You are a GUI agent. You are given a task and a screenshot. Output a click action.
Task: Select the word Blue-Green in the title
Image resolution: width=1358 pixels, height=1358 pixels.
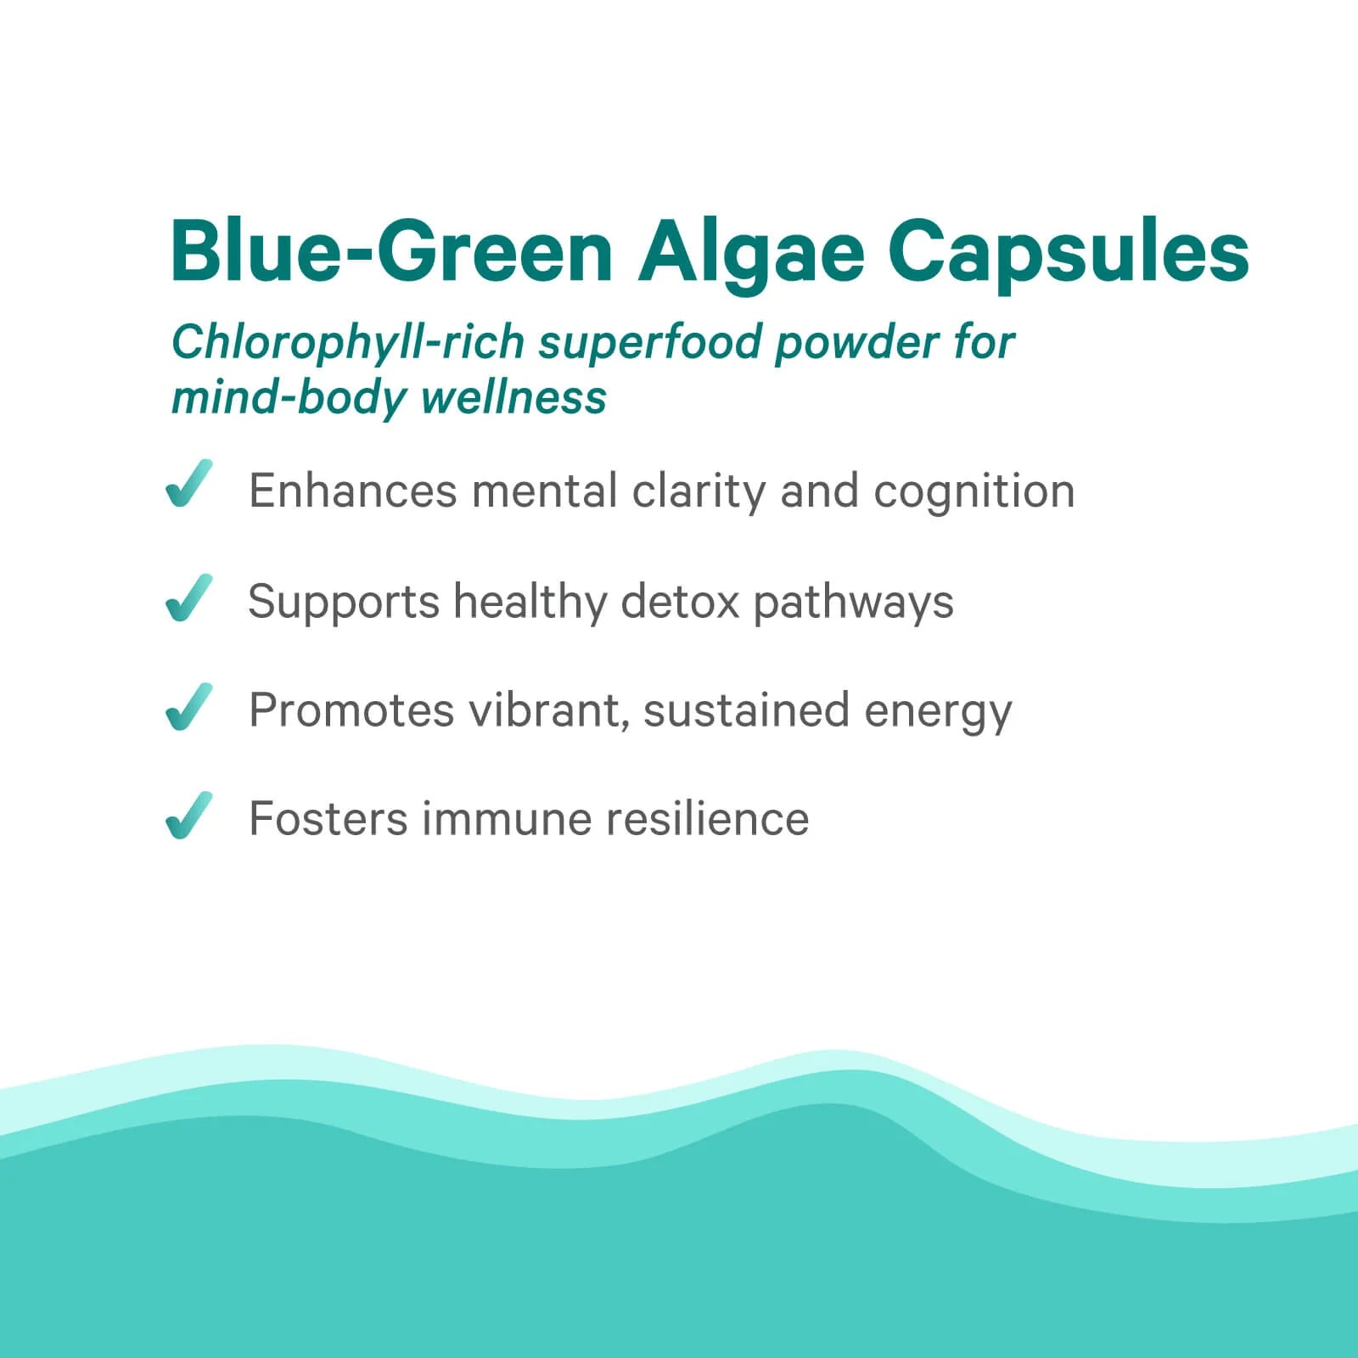pos(390,252)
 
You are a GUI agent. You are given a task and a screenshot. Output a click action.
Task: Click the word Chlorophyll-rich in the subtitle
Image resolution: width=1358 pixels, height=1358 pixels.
pos(348,343)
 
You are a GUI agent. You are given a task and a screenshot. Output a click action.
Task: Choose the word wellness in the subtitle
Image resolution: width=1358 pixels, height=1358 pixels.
pos(513,397)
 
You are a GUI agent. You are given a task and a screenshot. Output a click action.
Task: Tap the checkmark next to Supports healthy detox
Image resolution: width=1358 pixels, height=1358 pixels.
pos(188,598)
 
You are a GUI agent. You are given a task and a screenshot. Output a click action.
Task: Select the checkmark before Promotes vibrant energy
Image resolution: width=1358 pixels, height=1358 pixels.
pos(188,706)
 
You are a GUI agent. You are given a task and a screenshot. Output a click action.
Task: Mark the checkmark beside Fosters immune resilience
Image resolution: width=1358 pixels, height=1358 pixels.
pos(188,816)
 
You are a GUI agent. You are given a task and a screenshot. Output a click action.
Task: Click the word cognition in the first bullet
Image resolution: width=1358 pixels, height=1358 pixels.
pos(974,492)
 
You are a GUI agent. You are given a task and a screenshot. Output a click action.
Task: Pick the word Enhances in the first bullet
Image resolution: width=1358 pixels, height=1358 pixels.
pos(352,491)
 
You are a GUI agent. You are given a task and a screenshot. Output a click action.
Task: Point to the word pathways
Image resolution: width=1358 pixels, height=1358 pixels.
pos(853,603)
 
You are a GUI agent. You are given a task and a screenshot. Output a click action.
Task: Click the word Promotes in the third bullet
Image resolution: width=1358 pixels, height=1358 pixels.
pos(351,710)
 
